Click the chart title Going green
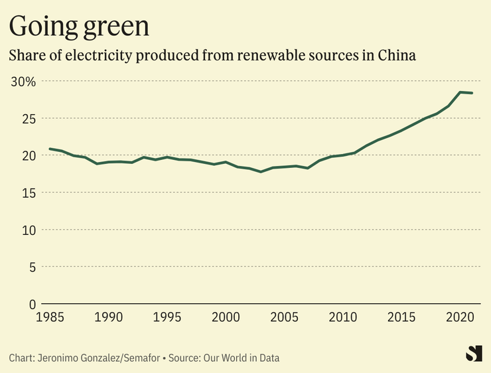click(x=79, y=26)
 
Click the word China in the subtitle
click(x=397, y=56)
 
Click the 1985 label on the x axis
click(x=50, y=317)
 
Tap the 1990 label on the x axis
click(x=109, y=317)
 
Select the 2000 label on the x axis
click(x=226, y=317)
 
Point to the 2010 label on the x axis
click(x=342, y=317)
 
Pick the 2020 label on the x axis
click(x=459, y=317)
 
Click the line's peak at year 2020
click(x=460, y=92)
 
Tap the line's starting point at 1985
click(x=50, y=149)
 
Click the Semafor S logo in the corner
click(x=474, y=354)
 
